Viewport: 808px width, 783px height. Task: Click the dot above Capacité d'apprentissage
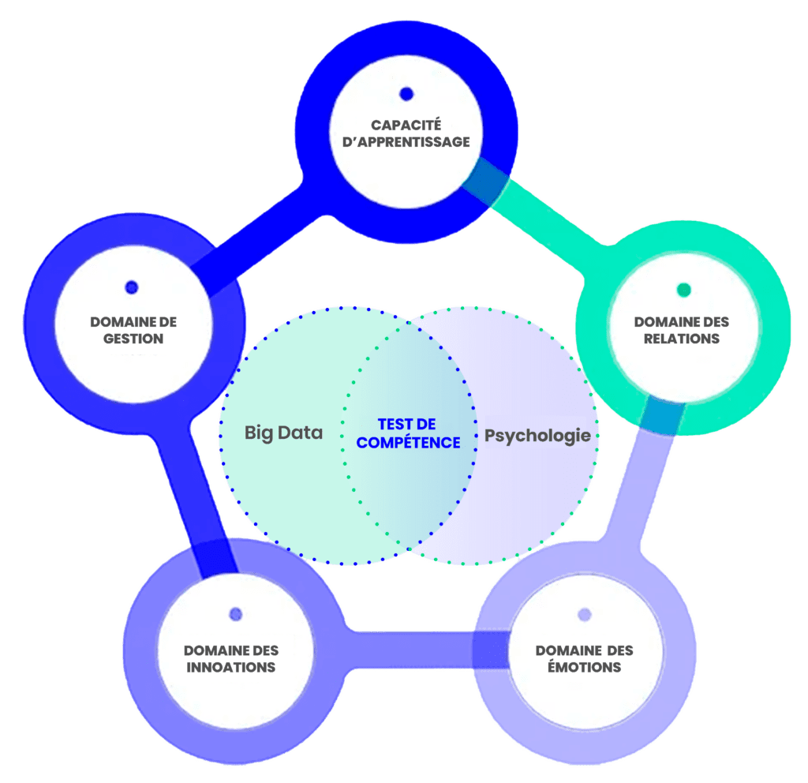click(x=406, y=94)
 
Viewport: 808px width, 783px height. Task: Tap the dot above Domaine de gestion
click(x=132, y=287)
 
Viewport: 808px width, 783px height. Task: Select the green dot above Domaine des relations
click(x=684, y=290)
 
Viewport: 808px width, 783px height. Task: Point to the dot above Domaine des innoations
click(x=235, y=614)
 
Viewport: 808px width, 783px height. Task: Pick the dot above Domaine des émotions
click(x=585, y=615)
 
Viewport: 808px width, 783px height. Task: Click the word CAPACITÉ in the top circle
click(x=406, y=126)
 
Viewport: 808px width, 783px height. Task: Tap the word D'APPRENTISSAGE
click(x=406, y=142)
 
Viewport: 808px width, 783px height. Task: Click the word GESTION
click(x=133, y=339)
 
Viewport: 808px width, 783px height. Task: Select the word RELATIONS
click(x=683, y=339)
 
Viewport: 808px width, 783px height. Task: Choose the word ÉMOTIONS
click(x=585, y=667)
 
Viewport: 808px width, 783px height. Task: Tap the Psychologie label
click(x=537, y=435)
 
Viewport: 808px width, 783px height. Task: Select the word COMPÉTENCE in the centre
click(x=408, y=443)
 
